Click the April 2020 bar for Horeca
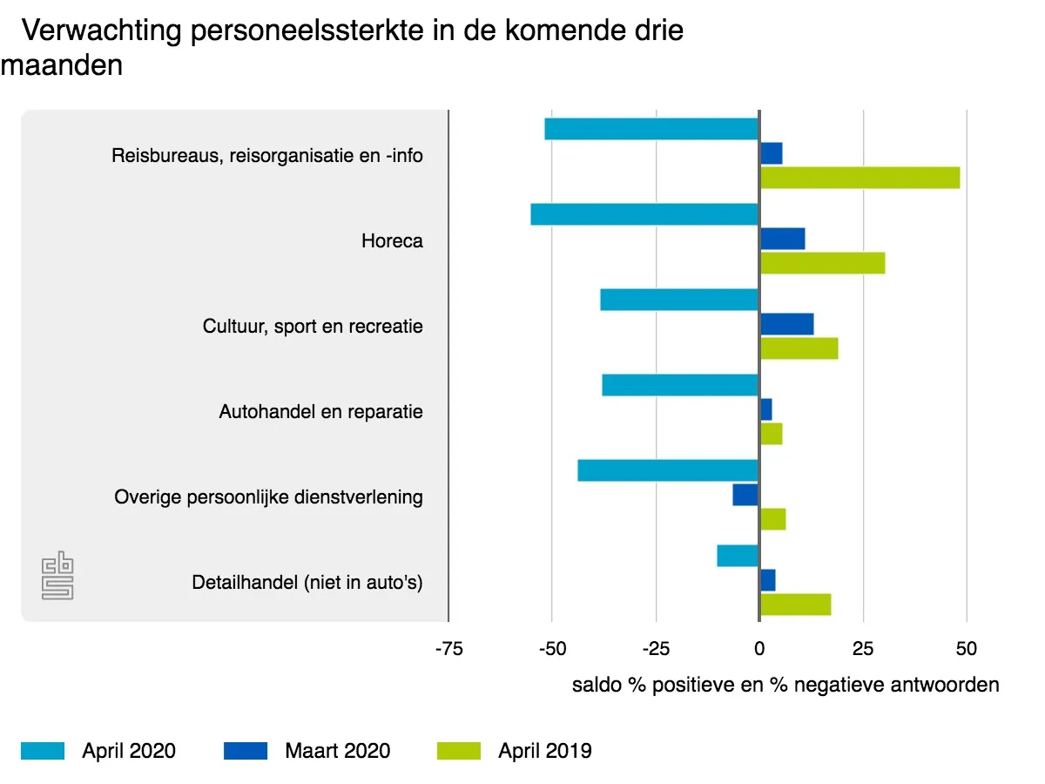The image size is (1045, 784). [644, 214]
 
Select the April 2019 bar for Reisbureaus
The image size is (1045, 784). [860, 178]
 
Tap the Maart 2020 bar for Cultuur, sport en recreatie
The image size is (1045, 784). [786, 324]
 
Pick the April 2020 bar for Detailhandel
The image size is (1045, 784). [738, 556]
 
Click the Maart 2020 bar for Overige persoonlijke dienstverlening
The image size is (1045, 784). [745, 495]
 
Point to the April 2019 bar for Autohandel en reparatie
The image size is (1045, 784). [771, 434]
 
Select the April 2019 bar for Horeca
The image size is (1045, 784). [822, 263]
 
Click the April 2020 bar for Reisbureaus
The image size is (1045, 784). [651, 129]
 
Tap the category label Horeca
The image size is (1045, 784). [392, 240]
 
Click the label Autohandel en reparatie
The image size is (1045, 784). [320, 411]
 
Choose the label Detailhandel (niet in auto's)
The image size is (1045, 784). [307, 582]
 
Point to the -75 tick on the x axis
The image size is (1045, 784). [448, 649]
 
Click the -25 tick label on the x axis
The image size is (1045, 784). [656, 649]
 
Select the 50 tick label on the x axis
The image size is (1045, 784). [967, 649]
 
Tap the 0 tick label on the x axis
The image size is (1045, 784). [759, 649]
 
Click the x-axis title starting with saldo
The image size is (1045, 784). [785, 685]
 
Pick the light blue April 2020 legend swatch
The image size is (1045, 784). [43, 751]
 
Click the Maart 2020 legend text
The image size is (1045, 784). [337, 751]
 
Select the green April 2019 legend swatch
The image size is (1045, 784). [458, 751]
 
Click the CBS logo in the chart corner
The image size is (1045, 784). [57, 576]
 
